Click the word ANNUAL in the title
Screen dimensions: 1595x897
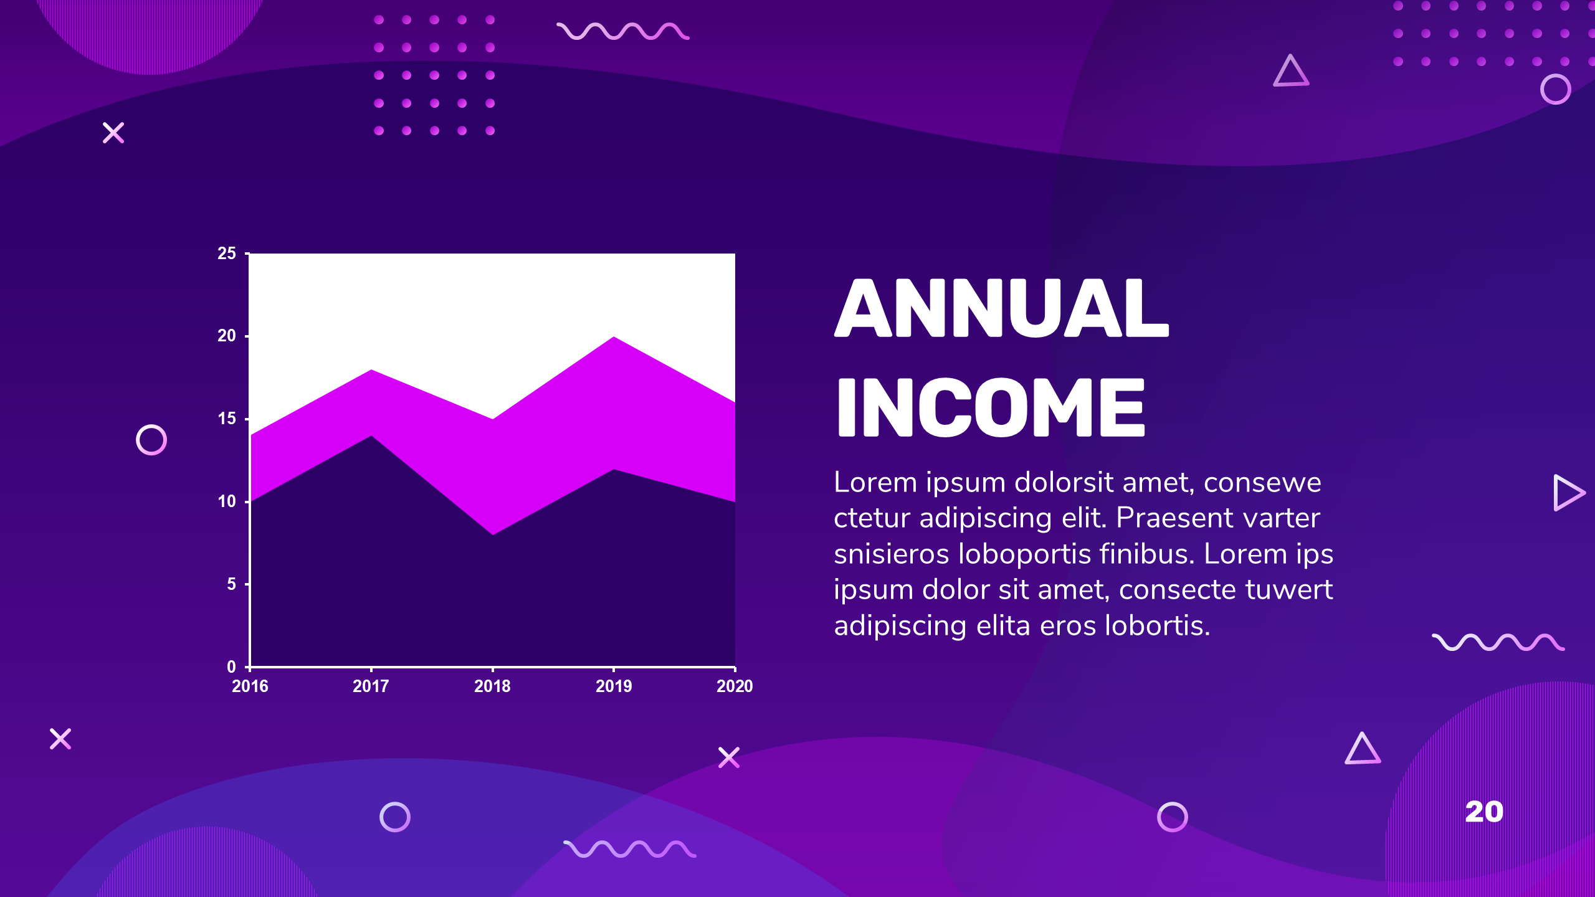point(1001,308)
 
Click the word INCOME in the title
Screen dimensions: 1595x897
point(991,407)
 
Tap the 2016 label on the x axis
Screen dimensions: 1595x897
point(250,686)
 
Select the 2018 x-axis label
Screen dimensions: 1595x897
point(492,686)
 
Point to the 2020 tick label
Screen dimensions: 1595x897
point(735,686)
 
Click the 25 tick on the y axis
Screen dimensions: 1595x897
point(227,254)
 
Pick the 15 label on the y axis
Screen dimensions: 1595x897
point(227,419)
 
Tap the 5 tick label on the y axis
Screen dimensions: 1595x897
point(231,584)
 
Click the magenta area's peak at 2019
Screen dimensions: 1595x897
point(614,337)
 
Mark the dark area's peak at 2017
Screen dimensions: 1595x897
point(371,436)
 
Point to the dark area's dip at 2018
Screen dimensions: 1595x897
point(493,534)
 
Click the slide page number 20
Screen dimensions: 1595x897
point(1484,812)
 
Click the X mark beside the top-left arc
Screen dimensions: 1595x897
point(113,133)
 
